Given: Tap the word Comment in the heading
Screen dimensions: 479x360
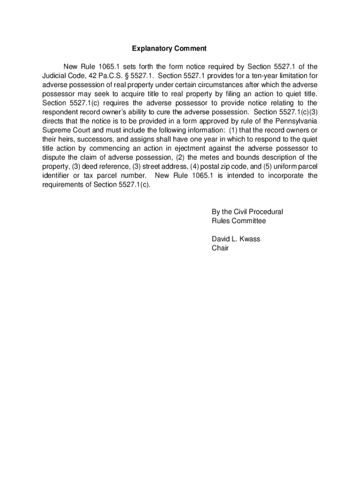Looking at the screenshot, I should pyautogui.click(x=190, y=48).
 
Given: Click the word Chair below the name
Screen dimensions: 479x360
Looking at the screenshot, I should pyautogui.click(x=220, y=248).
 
